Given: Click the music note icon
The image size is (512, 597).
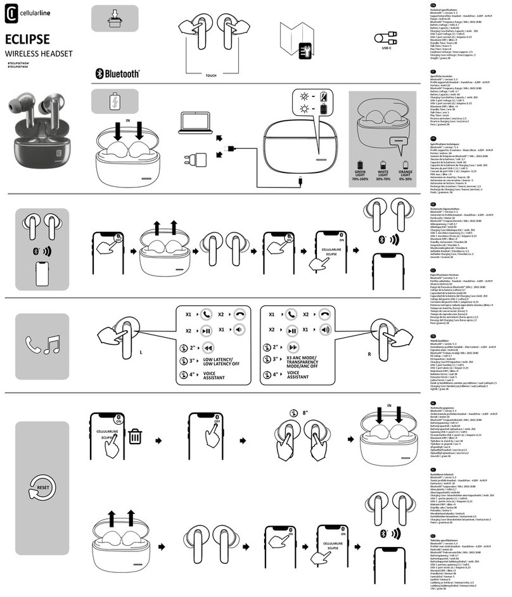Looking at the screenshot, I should [53, 344].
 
